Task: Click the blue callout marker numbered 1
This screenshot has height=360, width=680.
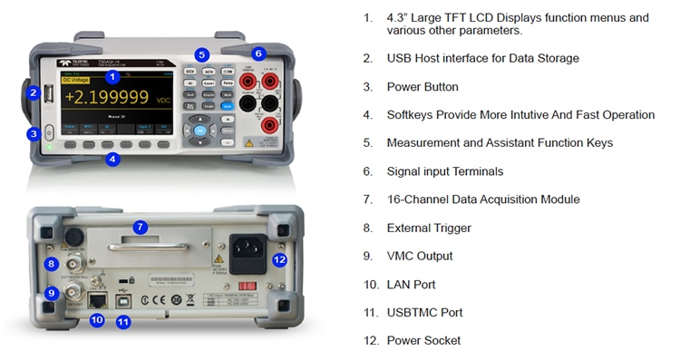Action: pyautogui.click(x=112, y=77)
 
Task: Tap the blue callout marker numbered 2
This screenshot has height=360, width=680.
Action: pyautogui.click(x=34, y=92)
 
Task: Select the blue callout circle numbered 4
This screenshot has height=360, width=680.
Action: pyautogui.click(x=112, y=159)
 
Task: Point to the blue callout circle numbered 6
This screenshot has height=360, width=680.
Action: pyautogui.click(x=258, y=54)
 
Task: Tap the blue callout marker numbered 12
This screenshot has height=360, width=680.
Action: pyautogui.click(x=279, y=259)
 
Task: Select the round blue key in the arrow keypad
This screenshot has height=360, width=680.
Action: pyautogui.click(x=199, y=131)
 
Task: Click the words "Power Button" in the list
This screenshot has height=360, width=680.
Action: pyautogui.click(x=423, y=87)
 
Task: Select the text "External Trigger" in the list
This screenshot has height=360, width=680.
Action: pyautogui.click(x=429, y=228)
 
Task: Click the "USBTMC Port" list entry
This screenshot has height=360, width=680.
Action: pyautogui.click(x=424, y=312)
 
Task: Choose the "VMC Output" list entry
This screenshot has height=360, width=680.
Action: pyautogui.click(x=420, y=256)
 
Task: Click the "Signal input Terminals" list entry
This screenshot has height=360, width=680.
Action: pyautogui.click(x=444, y=171)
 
